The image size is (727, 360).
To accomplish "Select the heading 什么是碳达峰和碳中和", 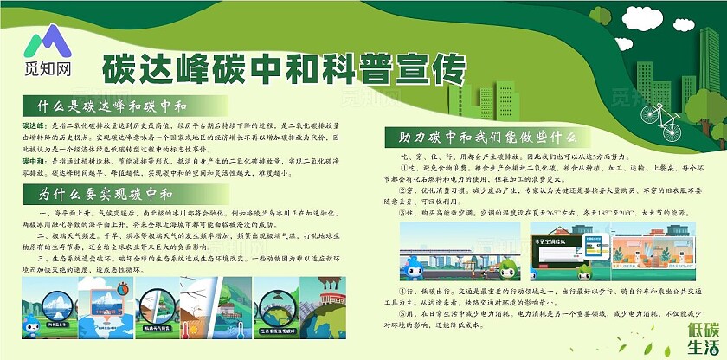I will click(106, 107).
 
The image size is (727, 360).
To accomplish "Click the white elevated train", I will click(459, 246).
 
